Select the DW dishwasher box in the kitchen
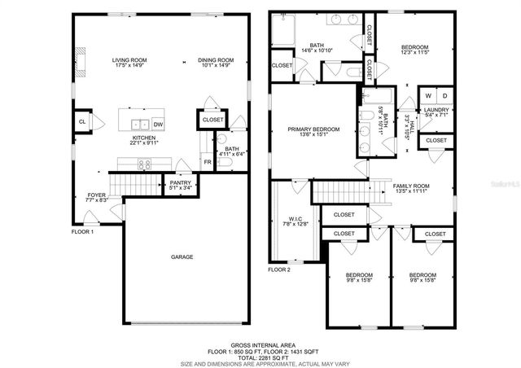158,125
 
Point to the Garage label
182,257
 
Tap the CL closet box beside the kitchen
82,122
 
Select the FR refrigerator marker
207,162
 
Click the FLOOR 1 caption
83,232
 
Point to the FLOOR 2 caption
279,269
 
